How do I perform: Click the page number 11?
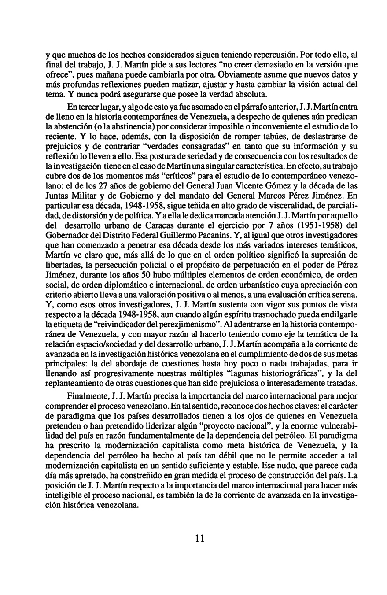click(x=199, y=538)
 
